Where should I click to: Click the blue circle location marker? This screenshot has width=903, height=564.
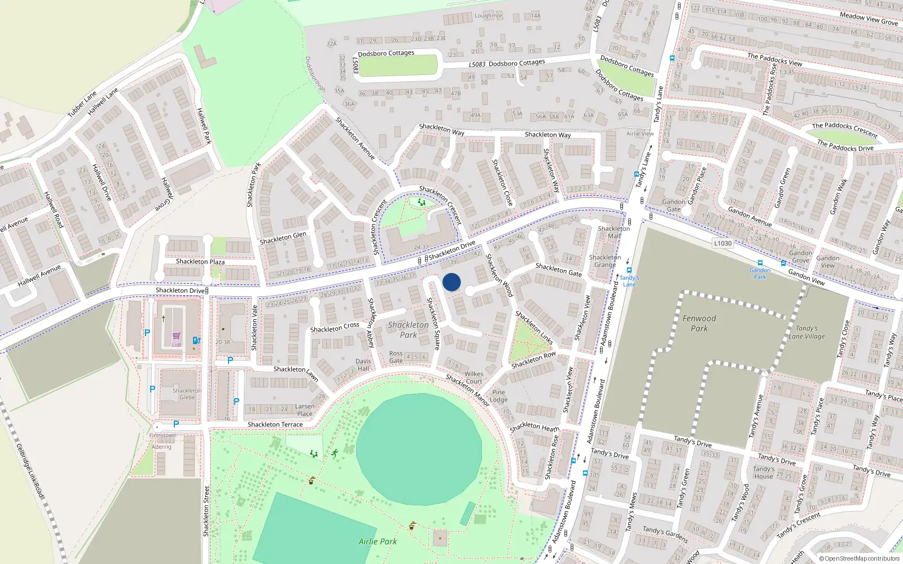click(451, 282)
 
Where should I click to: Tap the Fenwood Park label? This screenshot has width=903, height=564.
click(699, 323)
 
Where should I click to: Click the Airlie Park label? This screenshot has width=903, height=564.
click(378, 541)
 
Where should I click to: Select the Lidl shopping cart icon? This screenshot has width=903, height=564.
click(177, 336)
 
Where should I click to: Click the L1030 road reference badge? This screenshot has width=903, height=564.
click(722, 244)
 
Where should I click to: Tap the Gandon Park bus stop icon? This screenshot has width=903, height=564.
click(760, 263)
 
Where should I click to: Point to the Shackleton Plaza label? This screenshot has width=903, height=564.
click(200, 262)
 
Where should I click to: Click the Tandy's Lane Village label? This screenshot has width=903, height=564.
click(806, 332)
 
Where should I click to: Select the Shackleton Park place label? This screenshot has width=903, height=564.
click(408, 329)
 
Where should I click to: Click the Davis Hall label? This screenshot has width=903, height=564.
click(363, 365)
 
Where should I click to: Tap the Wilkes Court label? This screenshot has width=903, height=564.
click(474, 377)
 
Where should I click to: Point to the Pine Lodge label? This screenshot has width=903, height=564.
click(498, 396)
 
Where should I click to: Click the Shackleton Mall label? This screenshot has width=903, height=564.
click(614, 232)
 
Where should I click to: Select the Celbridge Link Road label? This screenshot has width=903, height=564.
click(30, 470)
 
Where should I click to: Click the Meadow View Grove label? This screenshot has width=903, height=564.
click(869, 19)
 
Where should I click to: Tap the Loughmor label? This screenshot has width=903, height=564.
click(488, 16)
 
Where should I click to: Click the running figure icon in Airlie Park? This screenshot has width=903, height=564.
click(335, 453)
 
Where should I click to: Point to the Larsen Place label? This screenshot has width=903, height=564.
click(305, 409)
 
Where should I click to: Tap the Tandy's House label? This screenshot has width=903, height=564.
click(764, 473)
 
